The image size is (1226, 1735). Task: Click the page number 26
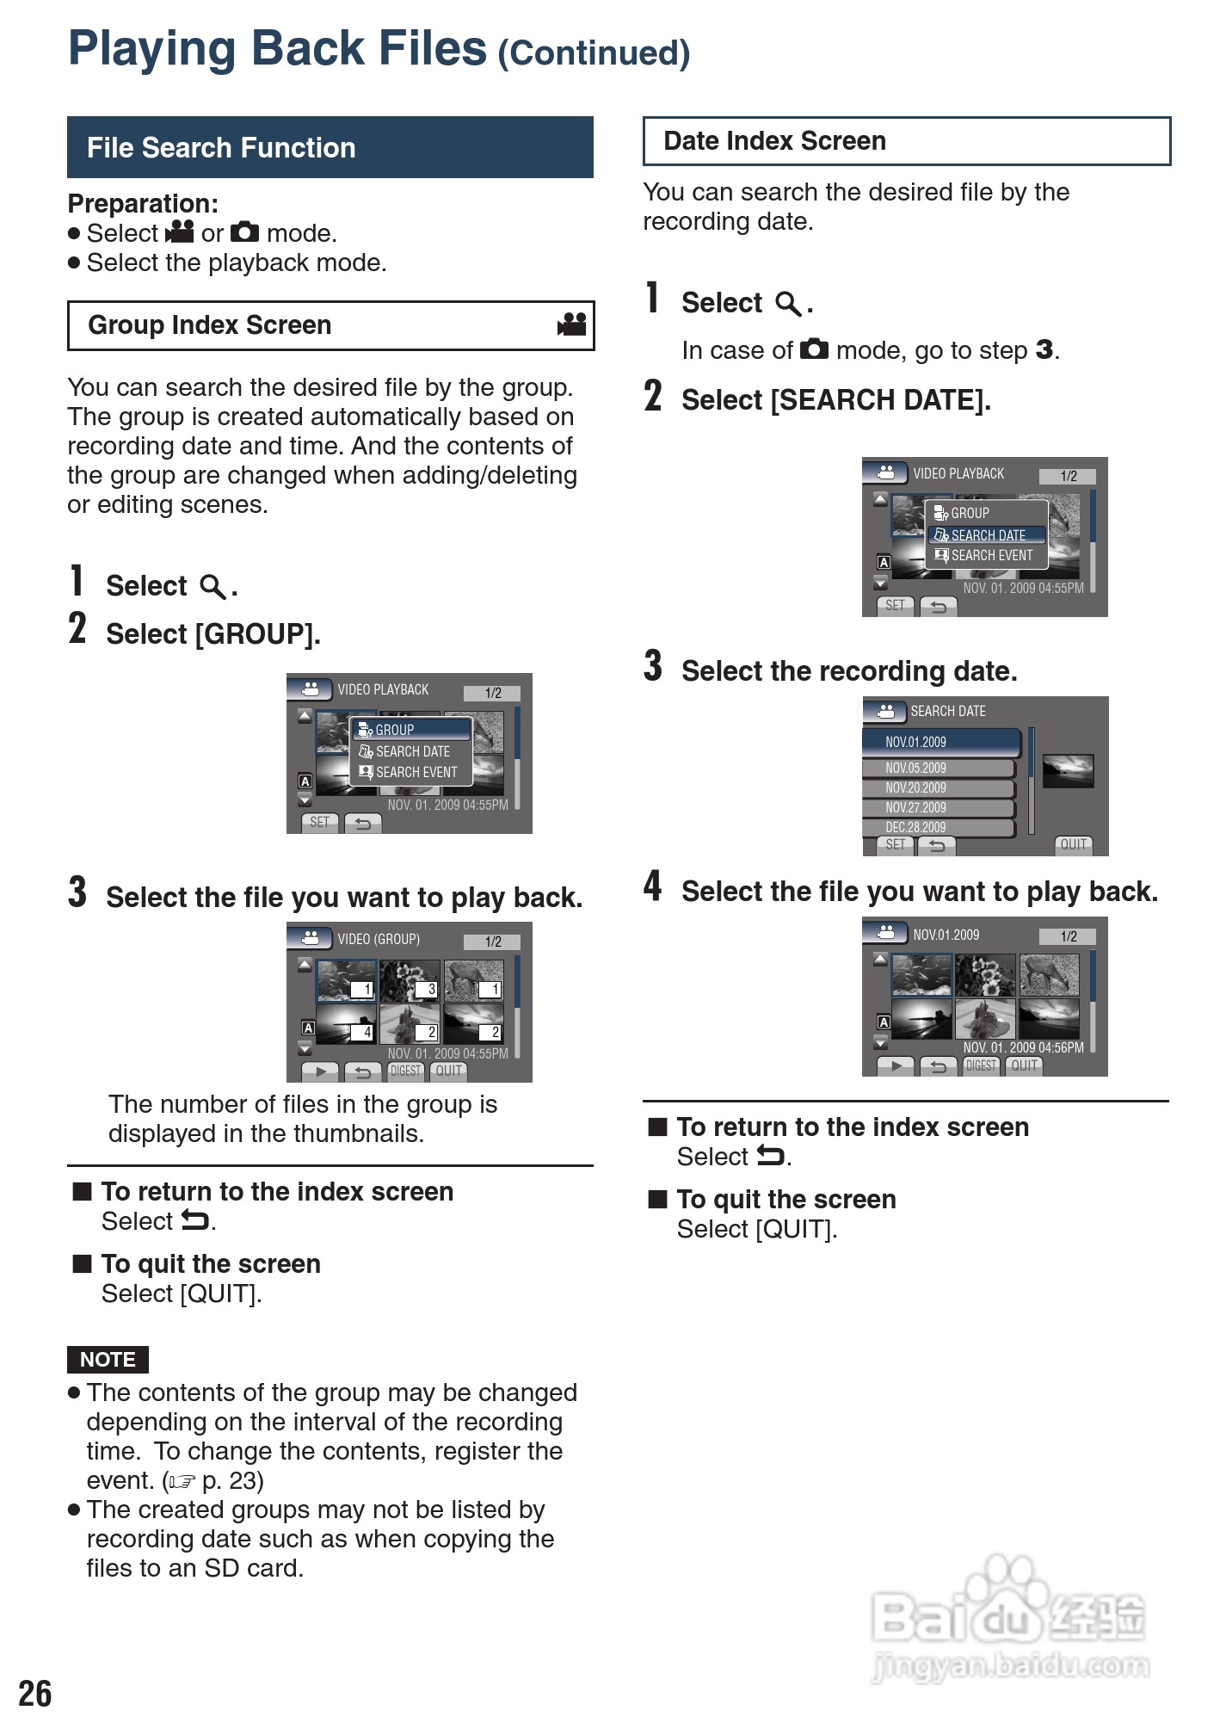pos(35,1694)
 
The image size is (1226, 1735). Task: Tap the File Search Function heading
pos(221,148)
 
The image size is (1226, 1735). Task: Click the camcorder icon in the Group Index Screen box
pos(572,324)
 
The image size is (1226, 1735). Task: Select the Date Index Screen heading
pos(774,141)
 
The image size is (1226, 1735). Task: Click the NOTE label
pos(108,1360)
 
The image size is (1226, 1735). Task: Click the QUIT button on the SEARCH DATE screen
pos(1073,844)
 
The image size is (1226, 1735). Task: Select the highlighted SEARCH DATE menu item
pos(987,535)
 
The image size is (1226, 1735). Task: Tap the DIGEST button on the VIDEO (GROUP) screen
pos(406,1071)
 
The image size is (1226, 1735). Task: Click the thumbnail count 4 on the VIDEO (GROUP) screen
pos(367,1032)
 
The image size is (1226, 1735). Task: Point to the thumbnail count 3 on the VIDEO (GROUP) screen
pos(431,990)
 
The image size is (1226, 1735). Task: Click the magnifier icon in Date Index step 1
pos(788,304)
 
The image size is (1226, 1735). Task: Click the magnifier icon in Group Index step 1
pos(213,587)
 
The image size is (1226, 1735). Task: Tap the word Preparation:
pos(143,204)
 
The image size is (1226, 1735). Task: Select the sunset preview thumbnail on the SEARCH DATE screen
pos(1068,771)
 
